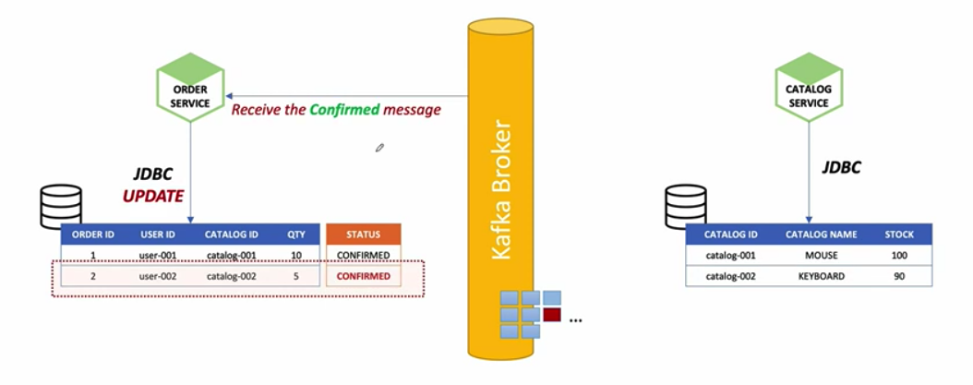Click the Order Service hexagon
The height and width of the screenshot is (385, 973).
click(190, 90)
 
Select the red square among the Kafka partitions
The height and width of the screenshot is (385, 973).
click(552, 315)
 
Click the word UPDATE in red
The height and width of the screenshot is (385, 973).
click(154, 196)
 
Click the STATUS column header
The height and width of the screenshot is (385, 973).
click(364, 235)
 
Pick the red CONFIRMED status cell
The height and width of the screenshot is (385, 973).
click(364, 276)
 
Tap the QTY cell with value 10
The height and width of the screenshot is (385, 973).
click(296, 255)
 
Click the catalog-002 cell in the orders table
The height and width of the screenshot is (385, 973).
click(231, 276)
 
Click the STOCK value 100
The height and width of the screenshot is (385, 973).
click(898, 254)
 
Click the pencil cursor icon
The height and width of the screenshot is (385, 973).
click(379, 147)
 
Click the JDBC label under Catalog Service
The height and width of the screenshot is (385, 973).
click(841, 168)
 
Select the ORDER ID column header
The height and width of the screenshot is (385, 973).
click(92, 235)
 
